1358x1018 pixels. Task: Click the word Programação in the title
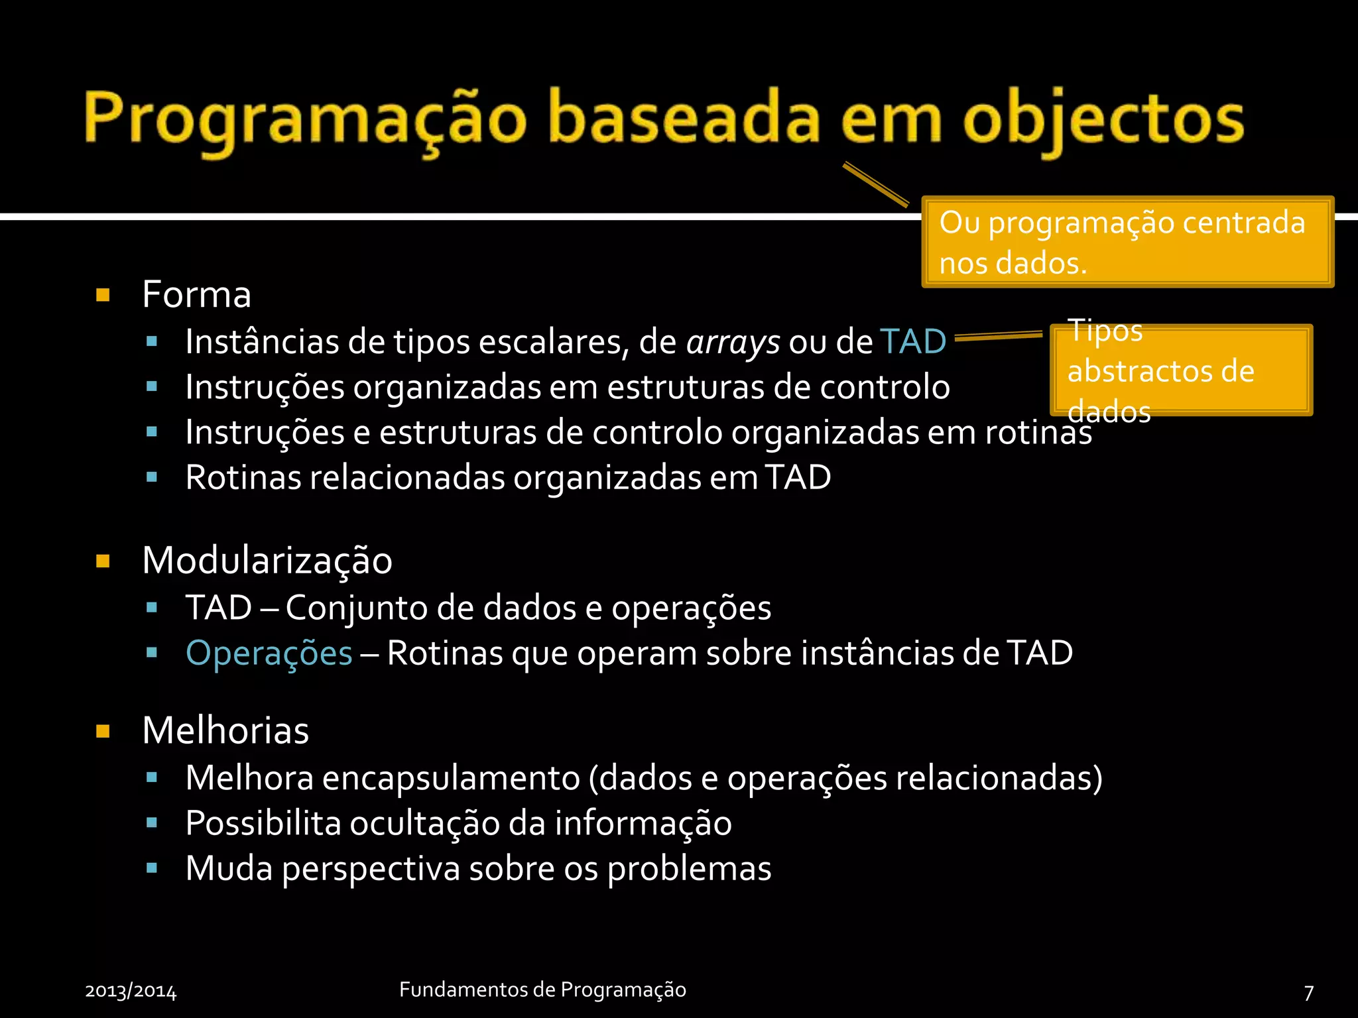tap(305, 119)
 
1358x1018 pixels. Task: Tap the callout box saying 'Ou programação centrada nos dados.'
tap(1127, 242)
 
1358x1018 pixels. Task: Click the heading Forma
tap(197, 294)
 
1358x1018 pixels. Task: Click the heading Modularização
tap(267, 561)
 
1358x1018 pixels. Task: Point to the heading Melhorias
tap(225, 730)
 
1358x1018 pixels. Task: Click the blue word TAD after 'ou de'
tap(913, 342)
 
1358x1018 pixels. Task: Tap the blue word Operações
tap(269, 653)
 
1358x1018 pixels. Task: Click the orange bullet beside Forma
tap(103, 295)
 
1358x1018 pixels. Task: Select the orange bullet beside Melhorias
tap(103, 731)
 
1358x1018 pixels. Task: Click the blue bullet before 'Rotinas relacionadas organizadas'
tap(152, 477)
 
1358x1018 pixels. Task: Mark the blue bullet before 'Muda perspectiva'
tap(152, 868)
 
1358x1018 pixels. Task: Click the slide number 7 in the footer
tap(1308, 992)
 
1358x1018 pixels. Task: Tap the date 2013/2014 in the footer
tap(131, 991)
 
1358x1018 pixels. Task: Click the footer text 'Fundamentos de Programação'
tap(542, 990)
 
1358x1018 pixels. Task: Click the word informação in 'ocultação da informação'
tap(643, 824)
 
